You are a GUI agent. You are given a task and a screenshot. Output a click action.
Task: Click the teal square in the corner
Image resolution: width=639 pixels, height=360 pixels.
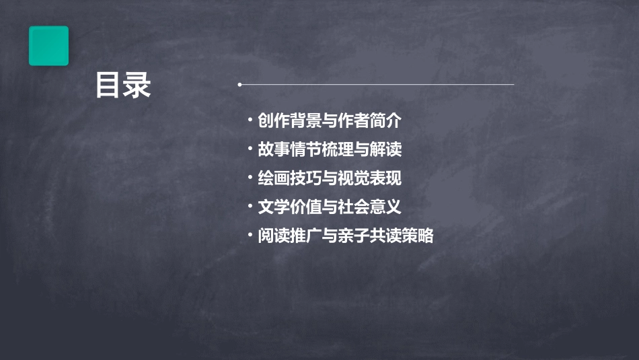(48, 46)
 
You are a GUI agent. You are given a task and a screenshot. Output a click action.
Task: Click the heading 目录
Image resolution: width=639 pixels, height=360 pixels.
(123, 85)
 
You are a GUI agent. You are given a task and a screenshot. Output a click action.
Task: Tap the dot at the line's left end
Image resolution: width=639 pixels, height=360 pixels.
(240, 85)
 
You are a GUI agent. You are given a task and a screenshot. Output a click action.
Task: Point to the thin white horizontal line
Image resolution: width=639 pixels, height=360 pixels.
(377, 85)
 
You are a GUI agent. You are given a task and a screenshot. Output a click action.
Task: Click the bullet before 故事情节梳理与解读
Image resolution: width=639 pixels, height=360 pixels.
(250, 149)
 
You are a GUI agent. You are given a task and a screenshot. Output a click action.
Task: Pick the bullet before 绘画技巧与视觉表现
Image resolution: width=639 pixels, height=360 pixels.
(250, 178)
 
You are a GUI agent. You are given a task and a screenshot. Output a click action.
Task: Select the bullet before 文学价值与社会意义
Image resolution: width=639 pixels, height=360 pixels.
(250, 206)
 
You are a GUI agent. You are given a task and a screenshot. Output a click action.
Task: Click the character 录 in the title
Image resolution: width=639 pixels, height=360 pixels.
(138, 85)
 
